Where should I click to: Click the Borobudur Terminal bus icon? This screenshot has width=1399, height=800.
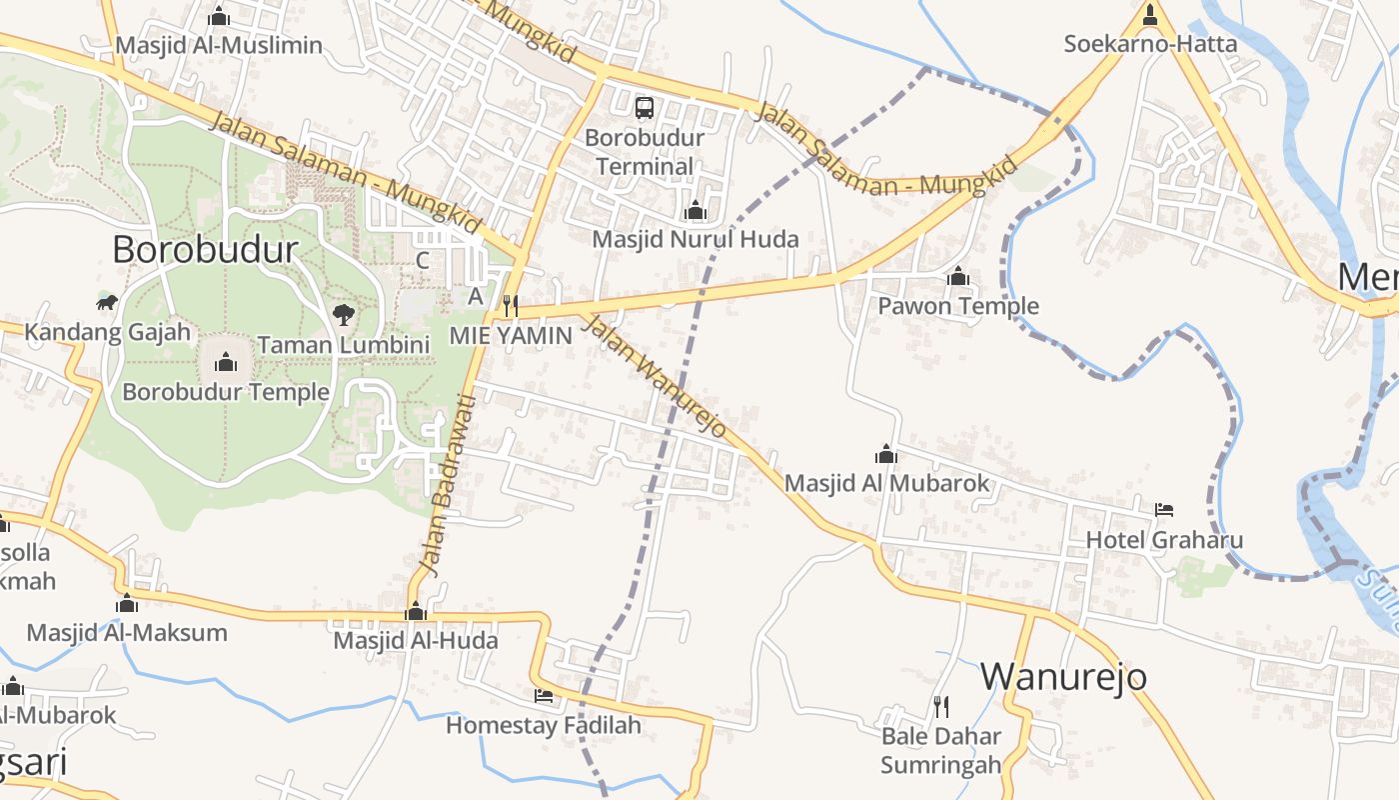645,107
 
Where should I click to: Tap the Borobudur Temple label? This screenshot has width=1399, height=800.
226,391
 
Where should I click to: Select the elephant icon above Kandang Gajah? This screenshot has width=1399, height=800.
107,302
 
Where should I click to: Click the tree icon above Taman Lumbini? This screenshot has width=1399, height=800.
343,315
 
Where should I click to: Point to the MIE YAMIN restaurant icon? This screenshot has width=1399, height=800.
510,305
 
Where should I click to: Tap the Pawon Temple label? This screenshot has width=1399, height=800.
958,306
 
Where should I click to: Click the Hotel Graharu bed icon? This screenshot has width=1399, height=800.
1164,510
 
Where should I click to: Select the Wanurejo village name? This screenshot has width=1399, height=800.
1063,677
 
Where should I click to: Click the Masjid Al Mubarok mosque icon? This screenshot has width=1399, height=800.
886,454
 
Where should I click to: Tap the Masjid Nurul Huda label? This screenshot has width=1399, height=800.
696,239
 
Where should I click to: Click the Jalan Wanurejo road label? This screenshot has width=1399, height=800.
654,375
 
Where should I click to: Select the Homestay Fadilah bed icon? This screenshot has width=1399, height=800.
544,695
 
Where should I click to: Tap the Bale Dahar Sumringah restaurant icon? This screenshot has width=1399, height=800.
941,707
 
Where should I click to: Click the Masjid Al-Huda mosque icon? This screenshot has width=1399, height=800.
416,611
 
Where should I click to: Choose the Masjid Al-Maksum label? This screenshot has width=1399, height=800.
127,632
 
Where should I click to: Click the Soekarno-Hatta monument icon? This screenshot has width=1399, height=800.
1150,15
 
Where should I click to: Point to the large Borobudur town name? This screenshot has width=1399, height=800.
205,249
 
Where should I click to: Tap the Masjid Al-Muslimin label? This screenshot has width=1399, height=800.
219,45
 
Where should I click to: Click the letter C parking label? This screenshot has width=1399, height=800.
423,261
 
